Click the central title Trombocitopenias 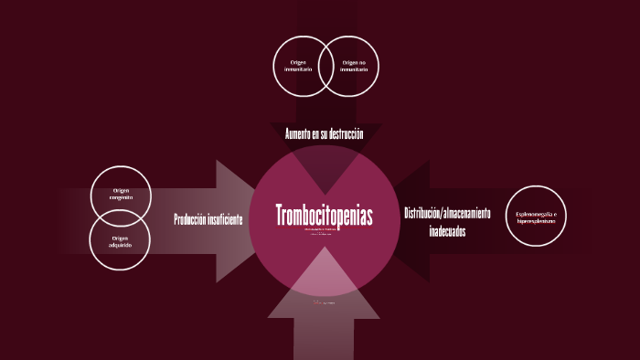tap(325, 216)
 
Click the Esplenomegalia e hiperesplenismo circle tap(536, 216)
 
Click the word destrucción tap(344, 134)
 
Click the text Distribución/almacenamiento tap(447, 213)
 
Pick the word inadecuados tap(447, 231)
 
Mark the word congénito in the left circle tap(121, 198)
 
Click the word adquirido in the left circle tap(121, 245)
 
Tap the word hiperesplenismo tap(536, 220)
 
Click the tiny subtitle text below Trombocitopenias tap(325, 230)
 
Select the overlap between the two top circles tap(325, 66)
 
